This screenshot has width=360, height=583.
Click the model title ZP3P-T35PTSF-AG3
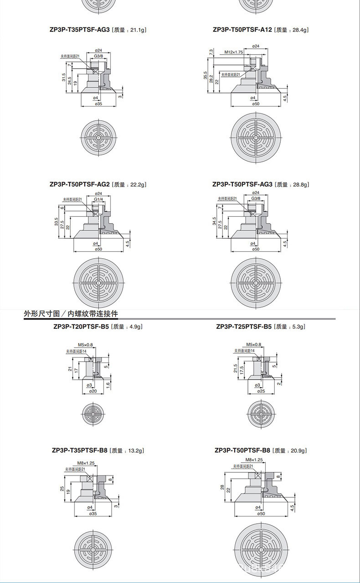click(80, 30)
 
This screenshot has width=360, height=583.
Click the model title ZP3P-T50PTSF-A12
click(242, 30)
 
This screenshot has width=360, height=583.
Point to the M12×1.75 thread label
click(234, 52)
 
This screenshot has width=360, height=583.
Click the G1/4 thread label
click(98, 200)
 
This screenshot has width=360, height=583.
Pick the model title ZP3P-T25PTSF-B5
click(243, 327)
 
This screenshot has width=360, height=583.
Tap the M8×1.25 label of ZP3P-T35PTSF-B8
click(86, 463)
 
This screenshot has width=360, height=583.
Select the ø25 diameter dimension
click(261, 391)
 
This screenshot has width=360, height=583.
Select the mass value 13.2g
click(135, 451)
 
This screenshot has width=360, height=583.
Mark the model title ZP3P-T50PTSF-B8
click(242, 451)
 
